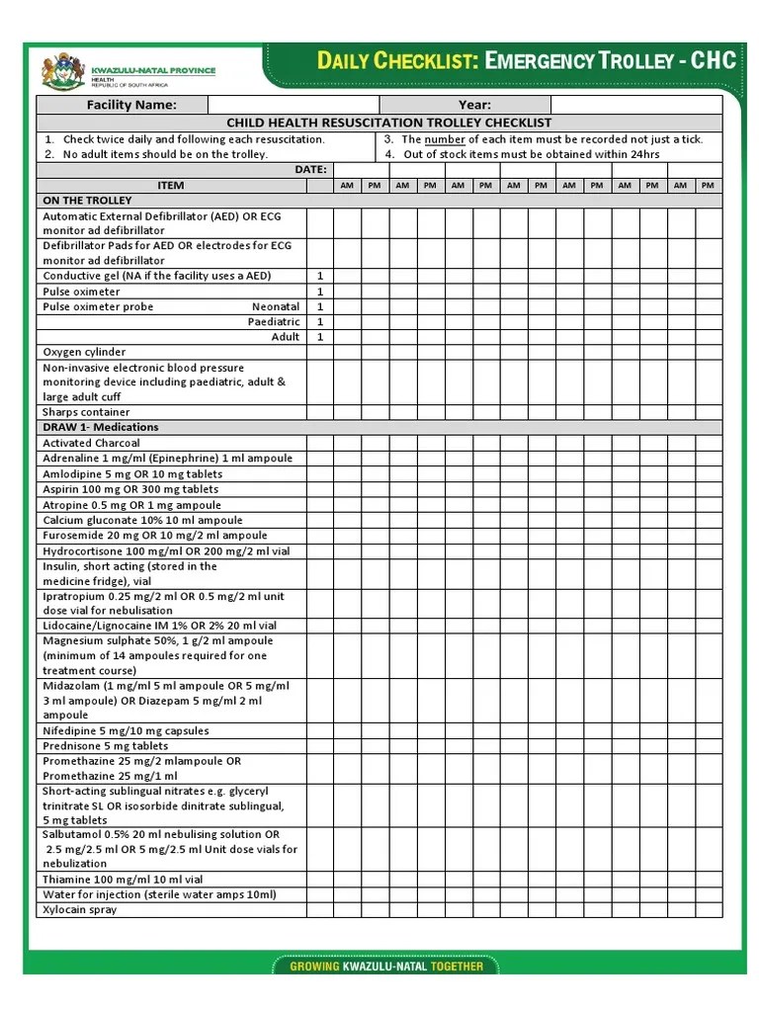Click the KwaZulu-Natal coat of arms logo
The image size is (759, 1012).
pyautogui.click(x=64, y=71)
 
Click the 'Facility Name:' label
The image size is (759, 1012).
pyautogui.click(x=131, y=105)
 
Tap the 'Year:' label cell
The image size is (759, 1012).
pyautogui.click(x=474, y=105)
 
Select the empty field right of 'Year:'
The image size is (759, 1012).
pyautogui.click(x=635, y=105)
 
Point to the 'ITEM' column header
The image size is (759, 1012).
pyautogui.click(x=171, y=185)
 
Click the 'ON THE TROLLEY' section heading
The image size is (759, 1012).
pyautogui.click(x=87, y=200)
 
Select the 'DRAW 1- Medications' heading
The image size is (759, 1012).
pyautogui.click(x=100, y=427)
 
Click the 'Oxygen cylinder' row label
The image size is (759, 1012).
pyautogui.click(x=84, y=352)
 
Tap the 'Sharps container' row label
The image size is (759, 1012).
pyautogui.click(x=86, y=412)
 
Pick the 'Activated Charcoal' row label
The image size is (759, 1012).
pyautogui.click(x=91, y=443)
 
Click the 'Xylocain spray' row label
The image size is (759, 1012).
pyautogui.click(x=79, y=909)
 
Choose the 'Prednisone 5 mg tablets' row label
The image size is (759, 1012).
pyautogui.click(x=105, y=746)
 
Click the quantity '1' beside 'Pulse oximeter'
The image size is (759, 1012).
pyautogui.click(x=320, y=292)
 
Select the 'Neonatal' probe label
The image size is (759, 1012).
pyautogui.click(x=276, y=306)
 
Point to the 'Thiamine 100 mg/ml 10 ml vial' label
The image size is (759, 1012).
pyautogui.click(x=123, y=880)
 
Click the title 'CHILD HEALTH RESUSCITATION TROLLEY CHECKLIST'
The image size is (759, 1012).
pyautogui.click(x=389, y=123)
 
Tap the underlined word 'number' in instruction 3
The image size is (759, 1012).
pyautogui.click(x=445, y=139)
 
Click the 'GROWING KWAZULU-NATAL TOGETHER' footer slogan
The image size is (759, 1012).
pyautogui.click(x=386, y=966)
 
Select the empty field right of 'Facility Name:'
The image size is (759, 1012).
pyautogui.click(x=294, y=105)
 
